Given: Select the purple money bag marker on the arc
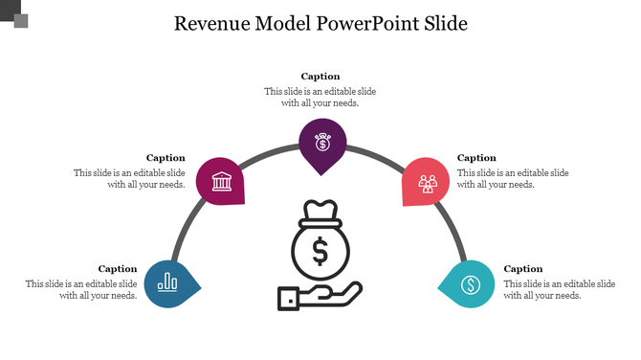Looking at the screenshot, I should pos(322,144).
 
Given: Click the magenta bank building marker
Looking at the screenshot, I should pos(221,181).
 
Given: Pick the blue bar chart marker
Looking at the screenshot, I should pos(169,282).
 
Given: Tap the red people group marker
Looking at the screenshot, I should pos(427,182).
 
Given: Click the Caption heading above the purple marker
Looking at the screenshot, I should pos(320,77).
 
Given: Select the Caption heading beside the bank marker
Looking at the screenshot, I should pos(166,158).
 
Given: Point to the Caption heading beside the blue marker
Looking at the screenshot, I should pos(118,269).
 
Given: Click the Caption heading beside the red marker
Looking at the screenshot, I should pos(476,158).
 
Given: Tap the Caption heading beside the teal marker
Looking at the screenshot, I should pos(523,269).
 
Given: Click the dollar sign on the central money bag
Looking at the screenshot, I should pos(320,252).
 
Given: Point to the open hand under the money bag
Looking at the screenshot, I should pos(320,295).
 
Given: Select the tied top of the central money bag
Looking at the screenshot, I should pos(320,211).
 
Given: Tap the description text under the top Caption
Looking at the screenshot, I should pos(320,97).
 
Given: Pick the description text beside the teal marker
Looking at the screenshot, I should pos(560,290).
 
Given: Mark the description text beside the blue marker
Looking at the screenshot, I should pos(81,290).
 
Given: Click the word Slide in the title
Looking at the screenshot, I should pos(446,24).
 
